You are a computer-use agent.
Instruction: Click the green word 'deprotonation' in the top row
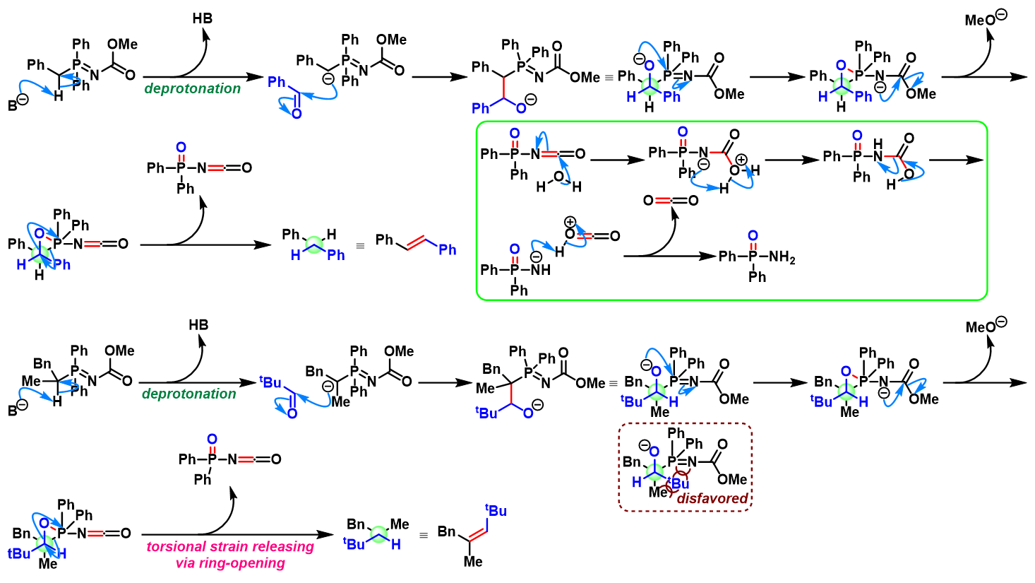coord(192,88)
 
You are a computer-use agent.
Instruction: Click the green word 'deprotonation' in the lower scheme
coord(189,394)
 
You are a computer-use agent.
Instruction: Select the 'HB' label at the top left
coord(203,18)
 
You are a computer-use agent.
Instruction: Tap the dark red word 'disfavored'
coord(712,498)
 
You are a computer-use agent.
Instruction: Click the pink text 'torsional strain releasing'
coord(230,546)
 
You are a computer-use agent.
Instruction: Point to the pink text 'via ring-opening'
coord(230,563)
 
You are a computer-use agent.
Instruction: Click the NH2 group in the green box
coord(782,257)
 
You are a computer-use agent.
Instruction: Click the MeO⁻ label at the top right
coord(985,19)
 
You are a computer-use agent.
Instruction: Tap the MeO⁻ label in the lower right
coord(986,326)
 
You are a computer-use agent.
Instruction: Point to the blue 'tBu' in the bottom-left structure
coord(18,553)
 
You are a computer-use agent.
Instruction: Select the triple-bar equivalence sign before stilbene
coord(360,247)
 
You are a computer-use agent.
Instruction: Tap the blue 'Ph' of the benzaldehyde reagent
coord(277,83)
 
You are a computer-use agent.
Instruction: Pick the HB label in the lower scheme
coord(198,325)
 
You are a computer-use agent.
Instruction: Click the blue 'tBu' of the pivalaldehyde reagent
coord(270,382)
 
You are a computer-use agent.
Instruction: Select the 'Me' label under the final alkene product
coord(473,562)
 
